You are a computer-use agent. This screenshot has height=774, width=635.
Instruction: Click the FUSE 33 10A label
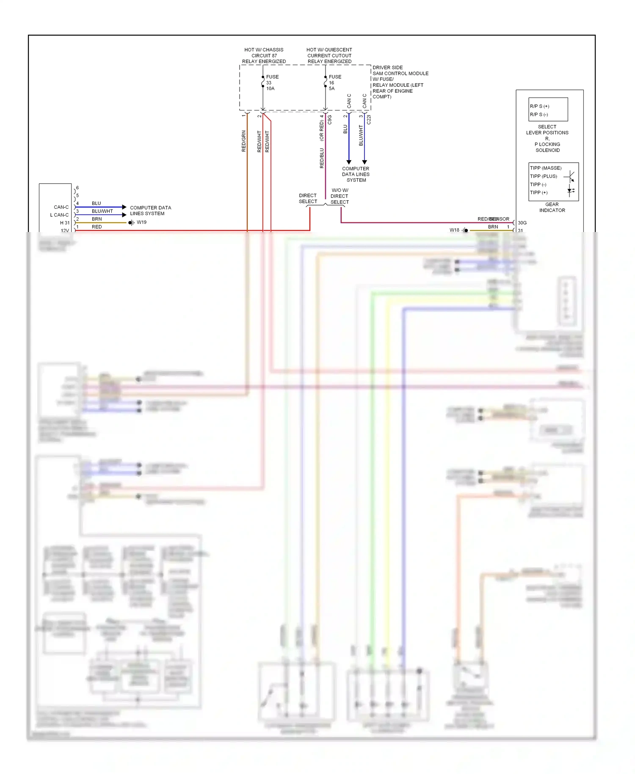coord(271,83)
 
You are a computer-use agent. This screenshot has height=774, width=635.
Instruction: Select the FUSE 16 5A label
coord(334,83)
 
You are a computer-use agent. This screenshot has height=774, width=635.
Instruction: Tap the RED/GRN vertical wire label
coord(243,141)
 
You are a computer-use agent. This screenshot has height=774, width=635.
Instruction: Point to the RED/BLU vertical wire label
coord(322,158)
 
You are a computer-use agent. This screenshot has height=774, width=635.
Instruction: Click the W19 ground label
coord(141,222)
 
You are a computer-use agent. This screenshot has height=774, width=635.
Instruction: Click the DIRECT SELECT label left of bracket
coord(308,199)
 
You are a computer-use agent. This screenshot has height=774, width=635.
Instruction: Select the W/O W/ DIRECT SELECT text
coord(340,196)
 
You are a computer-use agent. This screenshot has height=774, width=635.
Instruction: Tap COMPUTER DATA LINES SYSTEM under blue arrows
coord(356,174)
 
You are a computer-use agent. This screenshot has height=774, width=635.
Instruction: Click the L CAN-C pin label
coord(59,215)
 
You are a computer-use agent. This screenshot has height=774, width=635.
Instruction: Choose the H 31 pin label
coord(64,223)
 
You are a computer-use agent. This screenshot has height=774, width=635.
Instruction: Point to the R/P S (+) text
coord(539,106)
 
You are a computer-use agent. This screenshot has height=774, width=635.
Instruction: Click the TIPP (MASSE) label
coord(545,168)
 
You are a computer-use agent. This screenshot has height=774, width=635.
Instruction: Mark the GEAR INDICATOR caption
coord(552,207)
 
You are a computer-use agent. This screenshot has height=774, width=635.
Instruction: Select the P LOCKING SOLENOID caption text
coord(547,147)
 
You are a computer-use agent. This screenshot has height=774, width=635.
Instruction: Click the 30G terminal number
coord(522,223)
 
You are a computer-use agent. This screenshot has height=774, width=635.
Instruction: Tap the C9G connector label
coord(330,120)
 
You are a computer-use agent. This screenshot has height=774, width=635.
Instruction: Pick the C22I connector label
coord(369,119)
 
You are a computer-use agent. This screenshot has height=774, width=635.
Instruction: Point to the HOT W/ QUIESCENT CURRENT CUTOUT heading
coord(329,53)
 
